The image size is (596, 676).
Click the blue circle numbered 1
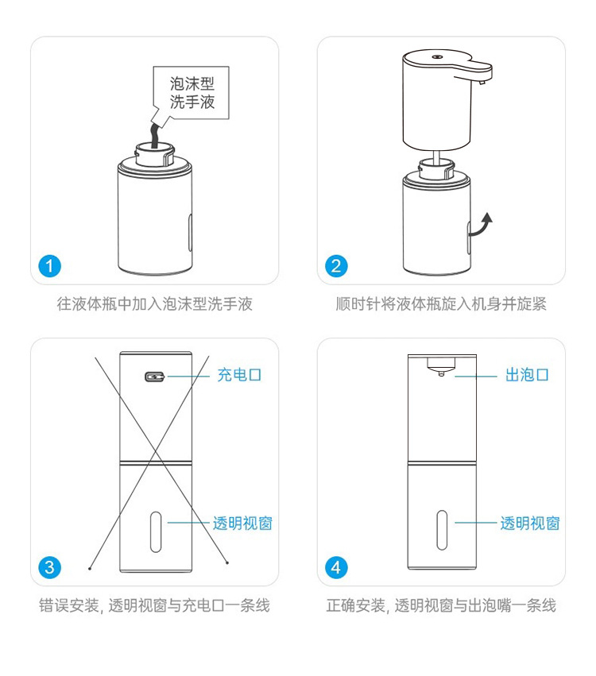coord(49,266)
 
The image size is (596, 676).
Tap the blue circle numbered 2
coord(336,266)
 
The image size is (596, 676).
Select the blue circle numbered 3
coord(49,568)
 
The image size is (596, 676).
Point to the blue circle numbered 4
coord(336,568)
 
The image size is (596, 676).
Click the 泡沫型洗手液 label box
coord(191,93)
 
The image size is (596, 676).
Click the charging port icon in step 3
coord(155,377)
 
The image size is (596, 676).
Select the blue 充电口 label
coord(239,375)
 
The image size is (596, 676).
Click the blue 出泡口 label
coord(527,375)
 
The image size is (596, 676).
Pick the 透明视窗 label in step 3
coord(243,523)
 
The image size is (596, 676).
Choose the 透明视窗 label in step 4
coord(530,523)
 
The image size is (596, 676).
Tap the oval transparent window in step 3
coord(156,532)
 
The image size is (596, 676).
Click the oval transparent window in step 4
coord(442,531)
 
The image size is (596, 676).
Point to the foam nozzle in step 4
coord(441,366)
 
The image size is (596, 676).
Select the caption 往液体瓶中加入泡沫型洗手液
coord(154,304)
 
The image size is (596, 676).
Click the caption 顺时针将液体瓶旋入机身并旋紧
coord(441,304)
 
